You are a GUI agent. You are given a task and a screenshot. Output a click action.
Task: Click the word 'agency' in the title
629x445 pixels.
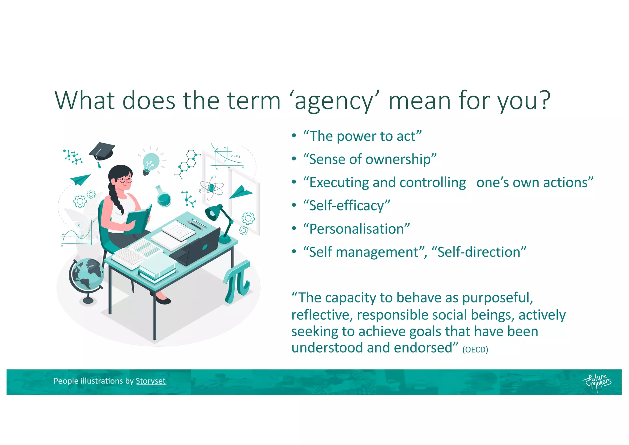pyautogui.click(x=334, y=101)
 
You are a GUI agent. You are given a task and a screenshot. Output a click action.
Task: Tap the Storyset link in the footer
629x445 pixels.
pyautogui.click(x=150, y=381)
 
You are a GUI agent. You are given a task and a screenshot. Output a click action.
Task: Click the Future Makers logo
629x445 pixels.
pyautogui.click(x=597, y=382)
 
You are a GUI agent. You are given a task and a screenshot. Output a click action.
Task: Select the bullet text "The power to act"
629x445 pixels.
pyautogui.click(x=362, y=136)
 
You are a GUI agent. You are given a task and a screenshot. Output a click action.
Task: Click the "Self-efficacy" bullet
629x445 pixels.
pyautogui.click(x=346, y=206)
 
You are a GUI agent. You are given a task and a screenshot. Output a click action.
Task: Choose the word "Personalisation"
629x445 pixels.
pyautogui.click(x=356, y=229)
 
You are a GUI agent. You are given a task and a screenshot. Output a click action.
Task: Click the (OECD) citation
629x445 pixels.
pyautogui.click(x=475, y=350)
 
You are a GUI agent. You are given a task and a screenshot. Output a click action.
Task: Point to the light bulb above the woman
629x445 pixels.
pyautogui.click(x=151, y=163)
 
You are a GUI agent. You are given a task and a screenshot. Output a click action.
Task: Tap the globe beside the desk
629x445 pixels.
pyautogui.click(x=86, y=274)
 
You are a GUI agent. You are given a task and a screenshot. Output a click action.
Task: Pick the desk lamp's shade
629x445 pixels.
pyautogui.click(x=213, y=212)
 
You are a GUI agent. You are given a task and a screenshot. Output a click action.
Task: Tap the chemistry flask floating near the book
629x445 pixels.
pyautogui.click(x=163, y=197)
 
